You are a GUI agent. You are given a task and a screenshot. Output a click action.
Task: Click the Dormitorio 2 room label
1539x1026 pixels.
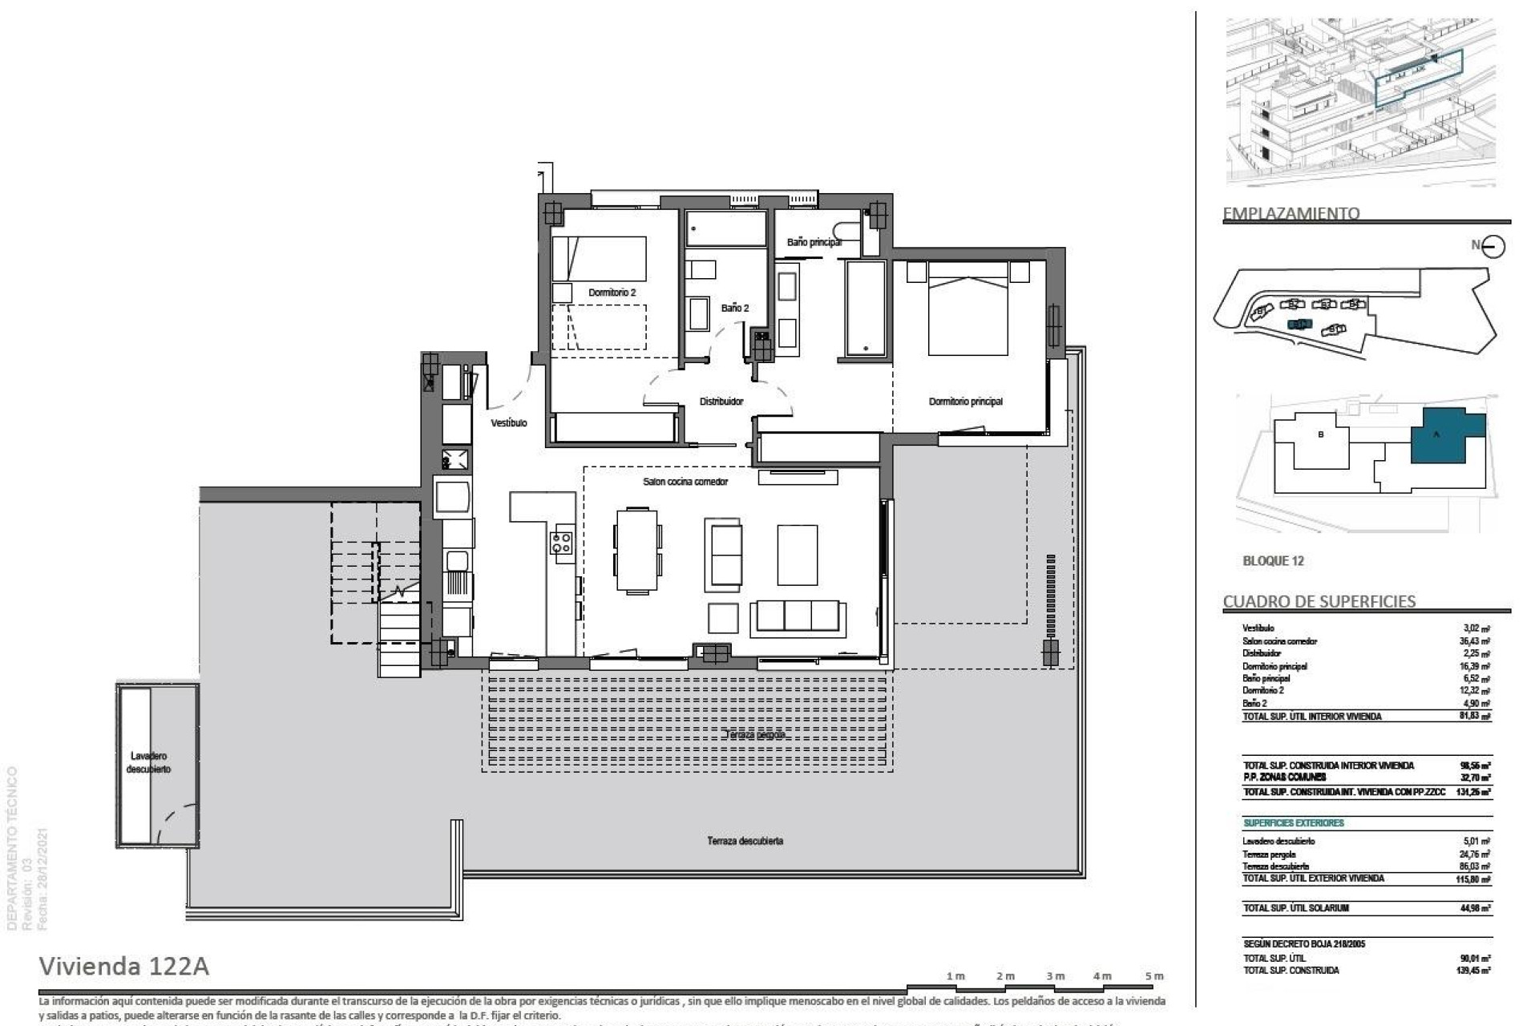pos(612,293)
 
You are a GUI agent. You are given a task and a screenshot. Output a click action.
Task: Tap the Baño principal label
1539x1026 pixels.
pos(814,242)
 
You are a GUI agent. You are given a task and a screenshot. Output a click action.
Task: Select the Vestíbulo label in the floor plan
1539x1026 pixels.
pos(509,422)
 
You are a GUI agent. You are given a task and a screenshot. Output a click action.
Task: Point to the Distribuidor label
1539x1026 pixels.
pos(721,402)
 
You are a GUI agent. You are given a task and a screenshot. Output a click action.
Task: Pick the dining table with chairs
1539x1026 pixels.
pos(638,550)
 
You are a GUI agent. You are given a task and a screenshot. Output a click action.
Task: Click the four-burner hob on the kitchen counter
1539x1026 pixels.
pos(561,543)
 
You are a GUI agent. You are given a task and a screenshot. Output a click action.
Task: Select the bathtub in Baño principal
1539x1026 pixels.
pos(865,308)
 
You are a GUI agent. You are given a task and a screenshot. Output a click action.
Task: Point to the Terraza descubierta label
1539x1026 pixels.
pos(745,841)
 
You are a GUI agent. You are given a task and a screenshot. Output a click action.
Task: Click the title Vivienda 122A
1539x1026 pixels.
pos(124,967)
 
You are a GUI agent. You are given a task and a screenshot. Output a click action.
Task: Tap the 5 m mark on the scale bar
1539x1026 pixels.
pos(1153,976)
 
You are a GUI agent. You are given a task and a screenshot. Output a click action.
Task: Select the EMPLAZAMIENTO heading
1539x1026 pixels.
pos(1291,213)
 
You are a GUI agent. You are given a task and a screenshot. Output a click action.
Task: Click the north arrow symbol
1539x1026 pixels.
pos(1493,246)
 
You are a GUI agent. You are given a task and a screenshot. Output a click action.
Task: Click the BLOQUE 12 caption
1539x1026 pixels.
pos(1273,561)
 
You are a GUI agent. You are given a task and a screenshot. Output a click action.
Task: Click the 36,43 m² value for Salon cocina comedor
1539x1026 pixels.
pos(1474,641)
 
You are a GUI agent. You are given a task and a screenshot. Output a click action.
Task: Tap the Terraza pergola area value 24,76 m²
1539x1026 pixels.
pos(1474,854)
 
